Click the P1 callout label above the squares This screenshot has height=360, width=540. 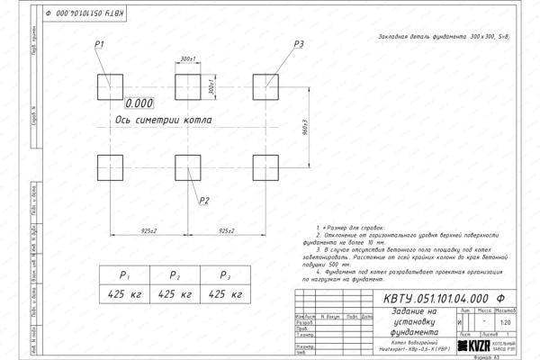pyautogui.click(x=101, y=44)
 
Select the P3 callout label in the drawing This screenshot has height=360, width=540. pyautogui.click(x=299, y=44)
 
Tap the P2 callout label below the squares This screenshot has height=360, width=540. pyautogui.click(x=204, y=200)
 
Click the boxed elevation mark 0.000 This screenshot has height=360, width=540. pyautogui.click(x=139, y=103)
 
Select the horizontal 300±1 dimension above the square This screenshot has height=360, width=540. pyautogui.click(x=188, y=59)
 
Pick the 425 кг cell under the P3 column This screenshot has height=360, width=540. pyautogui.click(x=226, y=294)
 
